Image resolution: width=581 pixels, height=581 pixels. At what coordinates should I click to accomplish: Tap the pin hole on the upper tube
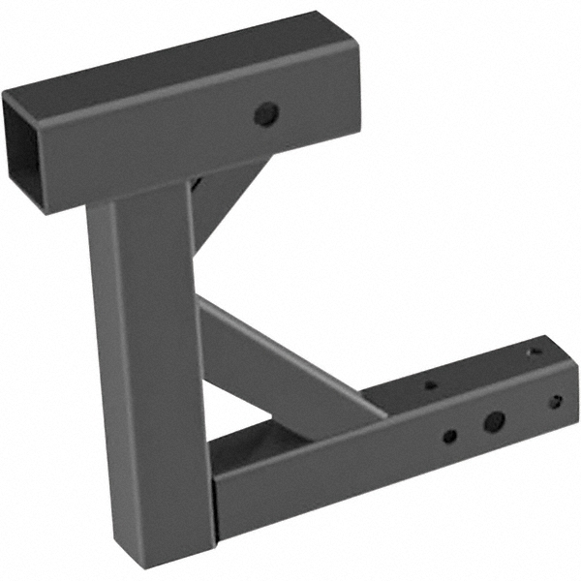(x=264, y=114)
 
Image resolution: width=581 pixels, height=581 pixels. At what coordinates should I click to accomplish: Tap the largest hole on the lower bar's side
(x=494, y=421)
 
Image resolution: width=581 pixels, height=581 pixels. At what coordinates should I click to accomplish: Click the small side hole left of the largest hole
(x=449, y=437)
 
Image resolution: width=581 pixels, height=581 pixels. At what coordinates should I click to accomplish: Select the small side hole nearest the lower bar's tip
(x=555, y=401)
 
